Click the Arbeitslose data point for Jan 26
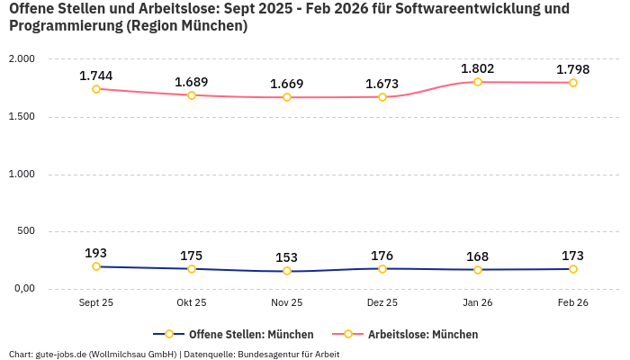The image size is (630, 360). pos(478,82)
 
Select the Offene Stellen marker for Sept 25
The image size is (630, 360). pos(96,266)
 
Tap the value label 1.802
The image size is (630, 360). pos(478,68)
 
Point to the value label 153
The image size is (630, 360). pos(287,257)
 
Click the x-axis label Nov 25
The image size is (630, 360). pos(287,303)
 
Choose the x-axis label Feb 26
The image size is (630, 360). pos(573,303)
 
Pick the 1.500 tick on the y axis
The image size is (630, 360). pos(21,116)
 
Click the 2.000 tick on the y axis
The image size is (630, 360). pos(21,58)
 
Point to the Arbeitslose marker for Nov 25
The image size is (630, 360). pos(287,97)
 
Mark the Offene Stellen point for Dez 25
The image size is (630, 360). pos(382,268)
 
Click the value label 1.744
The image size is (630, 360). pos(96,76)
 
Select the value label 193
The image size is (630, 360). pos(96,253)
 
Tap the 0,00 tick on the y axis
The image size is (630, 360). pos(22,289)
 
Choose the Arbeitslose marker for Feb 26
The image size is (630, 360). pos(573,83)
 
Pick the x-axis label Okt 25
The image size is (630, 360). pos(192,303)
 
